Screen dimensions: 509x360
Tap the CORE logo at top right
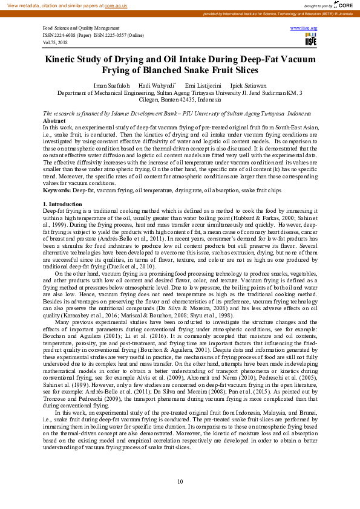(x=342, y=5)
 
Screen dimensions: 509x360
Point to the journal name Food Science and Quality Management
(x=81, y=28)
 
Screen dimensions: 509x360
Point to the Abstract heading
(x=54, y=121)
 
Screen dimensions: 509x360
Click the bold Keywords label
(x=57, y=190)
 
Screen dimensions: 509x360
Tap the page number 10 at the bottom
(x=180, y=481)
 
